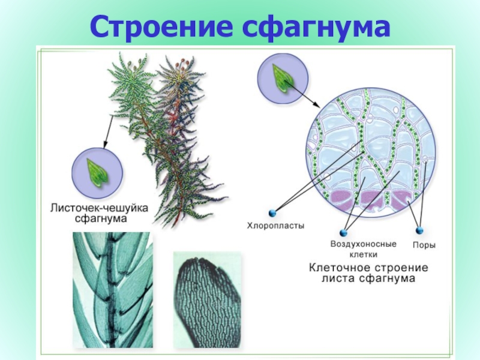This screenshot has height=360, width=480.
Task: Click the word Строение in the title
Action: tap(160, 28)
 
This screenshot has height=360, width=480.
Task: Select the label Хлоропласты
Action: tap(276, 226)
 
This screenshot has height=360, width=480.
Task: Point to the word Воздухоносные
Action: tap(364, 244)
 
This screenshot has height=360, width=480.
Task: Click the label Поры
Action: tap(424, 245)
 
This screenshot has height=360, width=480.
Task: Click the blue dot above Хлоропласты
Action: tap(272, 212)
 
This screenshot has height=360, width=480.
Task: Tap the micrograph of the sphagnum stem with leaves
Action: tap(112, 290)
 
